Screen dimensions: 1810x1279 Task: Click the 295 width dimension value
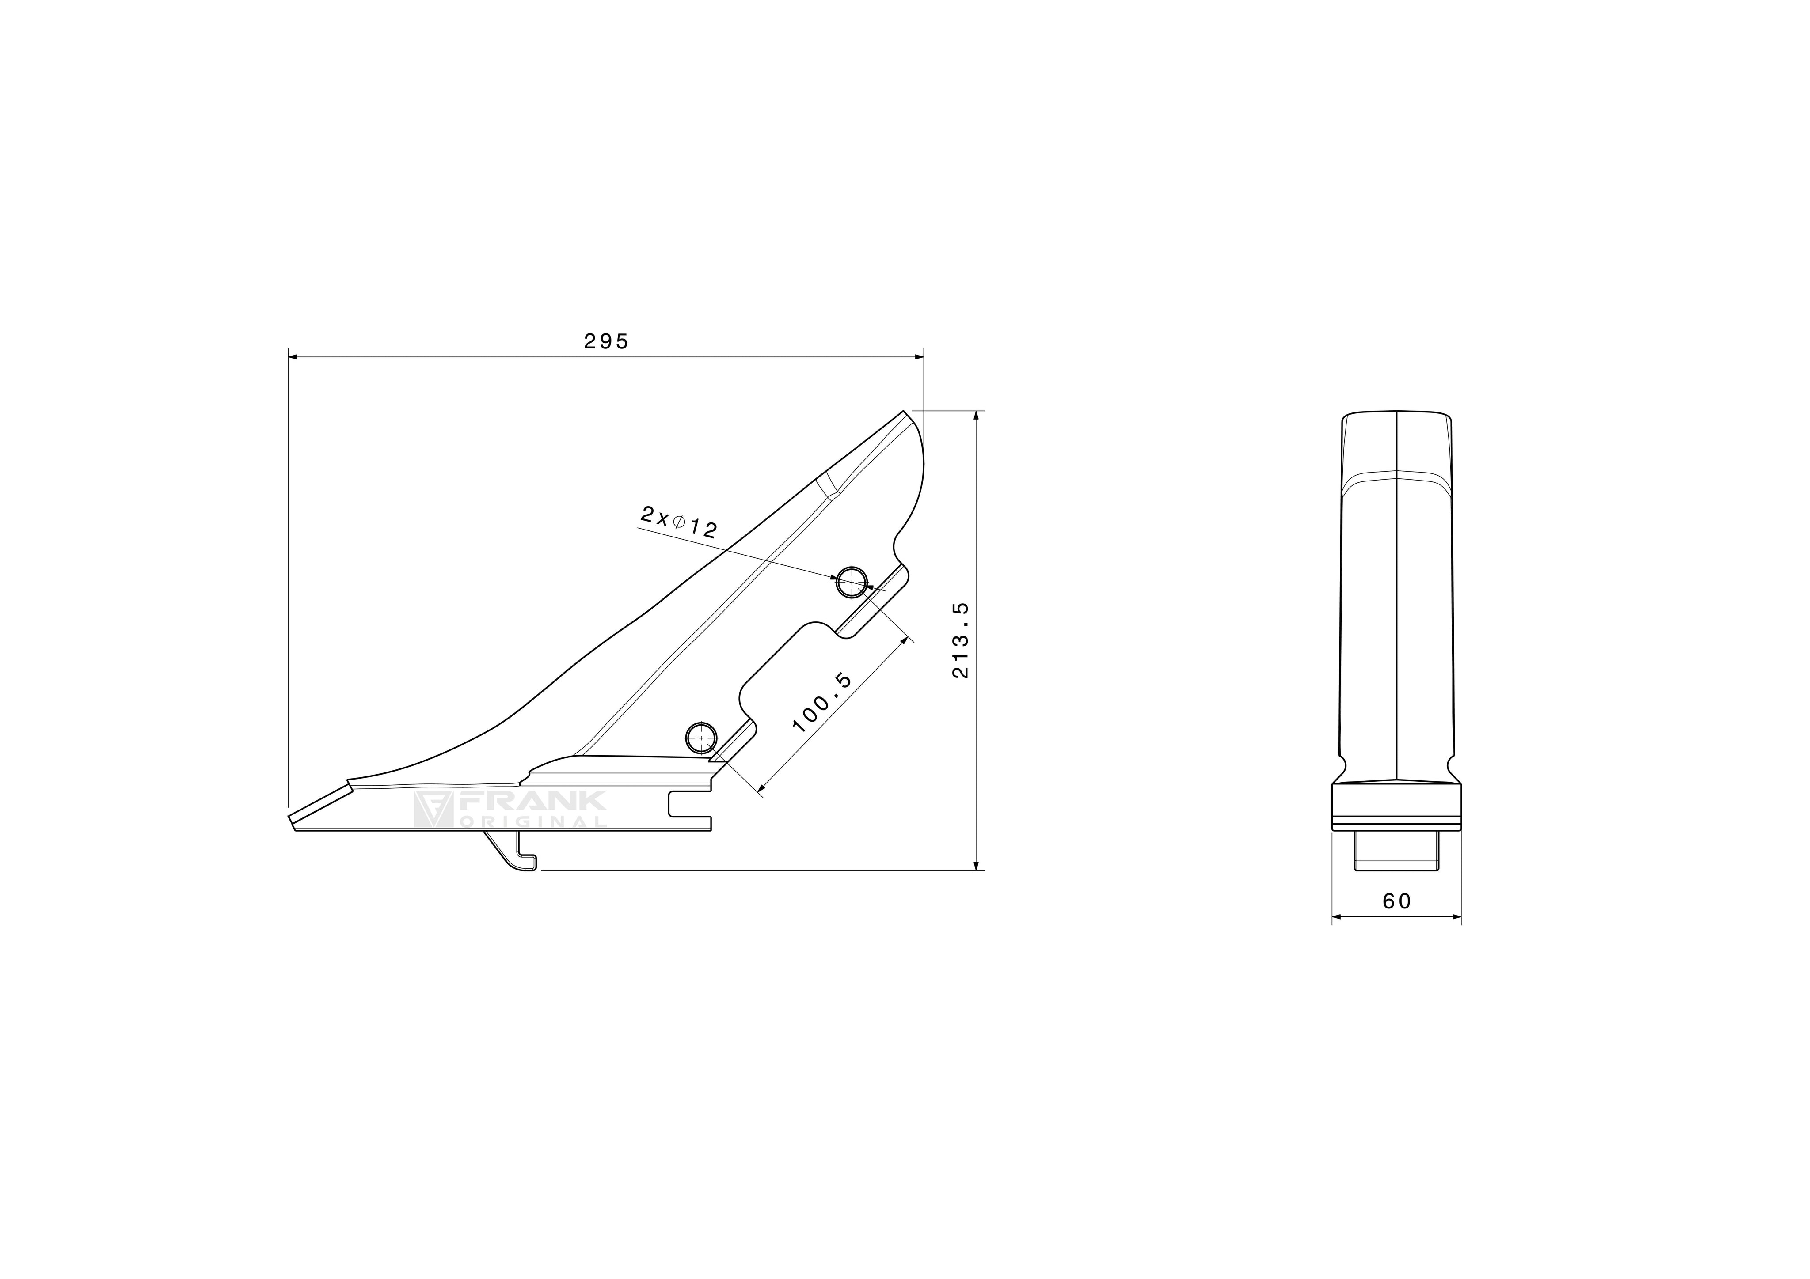(606, 341)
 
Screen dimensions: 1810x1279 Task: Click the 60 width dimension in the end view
(1397, 901)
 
